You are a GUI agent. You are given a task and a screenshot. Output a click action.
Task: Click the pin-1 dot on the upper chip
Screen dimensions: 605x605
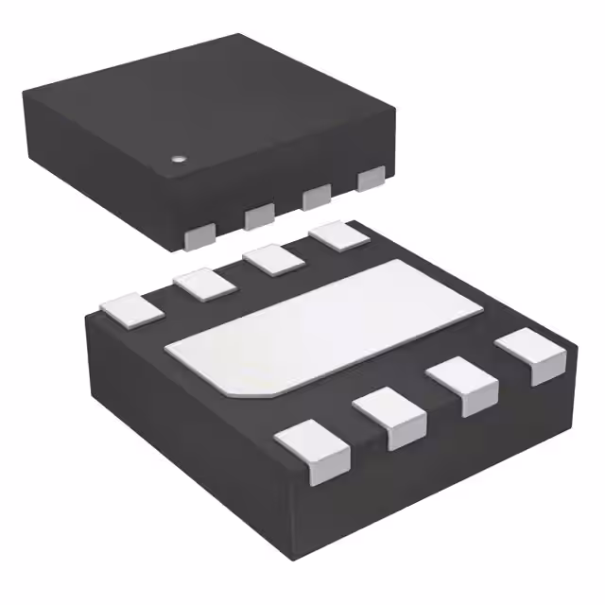coord(177,160)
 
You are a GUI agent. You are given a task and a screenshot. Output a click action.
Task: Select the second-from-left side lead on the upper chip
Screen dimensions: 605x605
coord(259,217)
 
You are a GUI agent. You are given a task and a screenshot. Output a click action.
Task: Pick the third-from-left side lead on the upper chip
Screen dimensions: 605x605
coord(316,197)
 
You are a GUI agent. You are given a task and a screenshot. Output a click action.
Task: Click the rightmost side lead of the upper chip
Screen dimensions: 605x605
coord(372,178)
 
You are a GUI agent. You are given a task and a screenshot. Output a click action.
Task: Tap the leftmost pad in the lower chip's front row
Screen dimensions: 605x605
coord(314,449)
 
